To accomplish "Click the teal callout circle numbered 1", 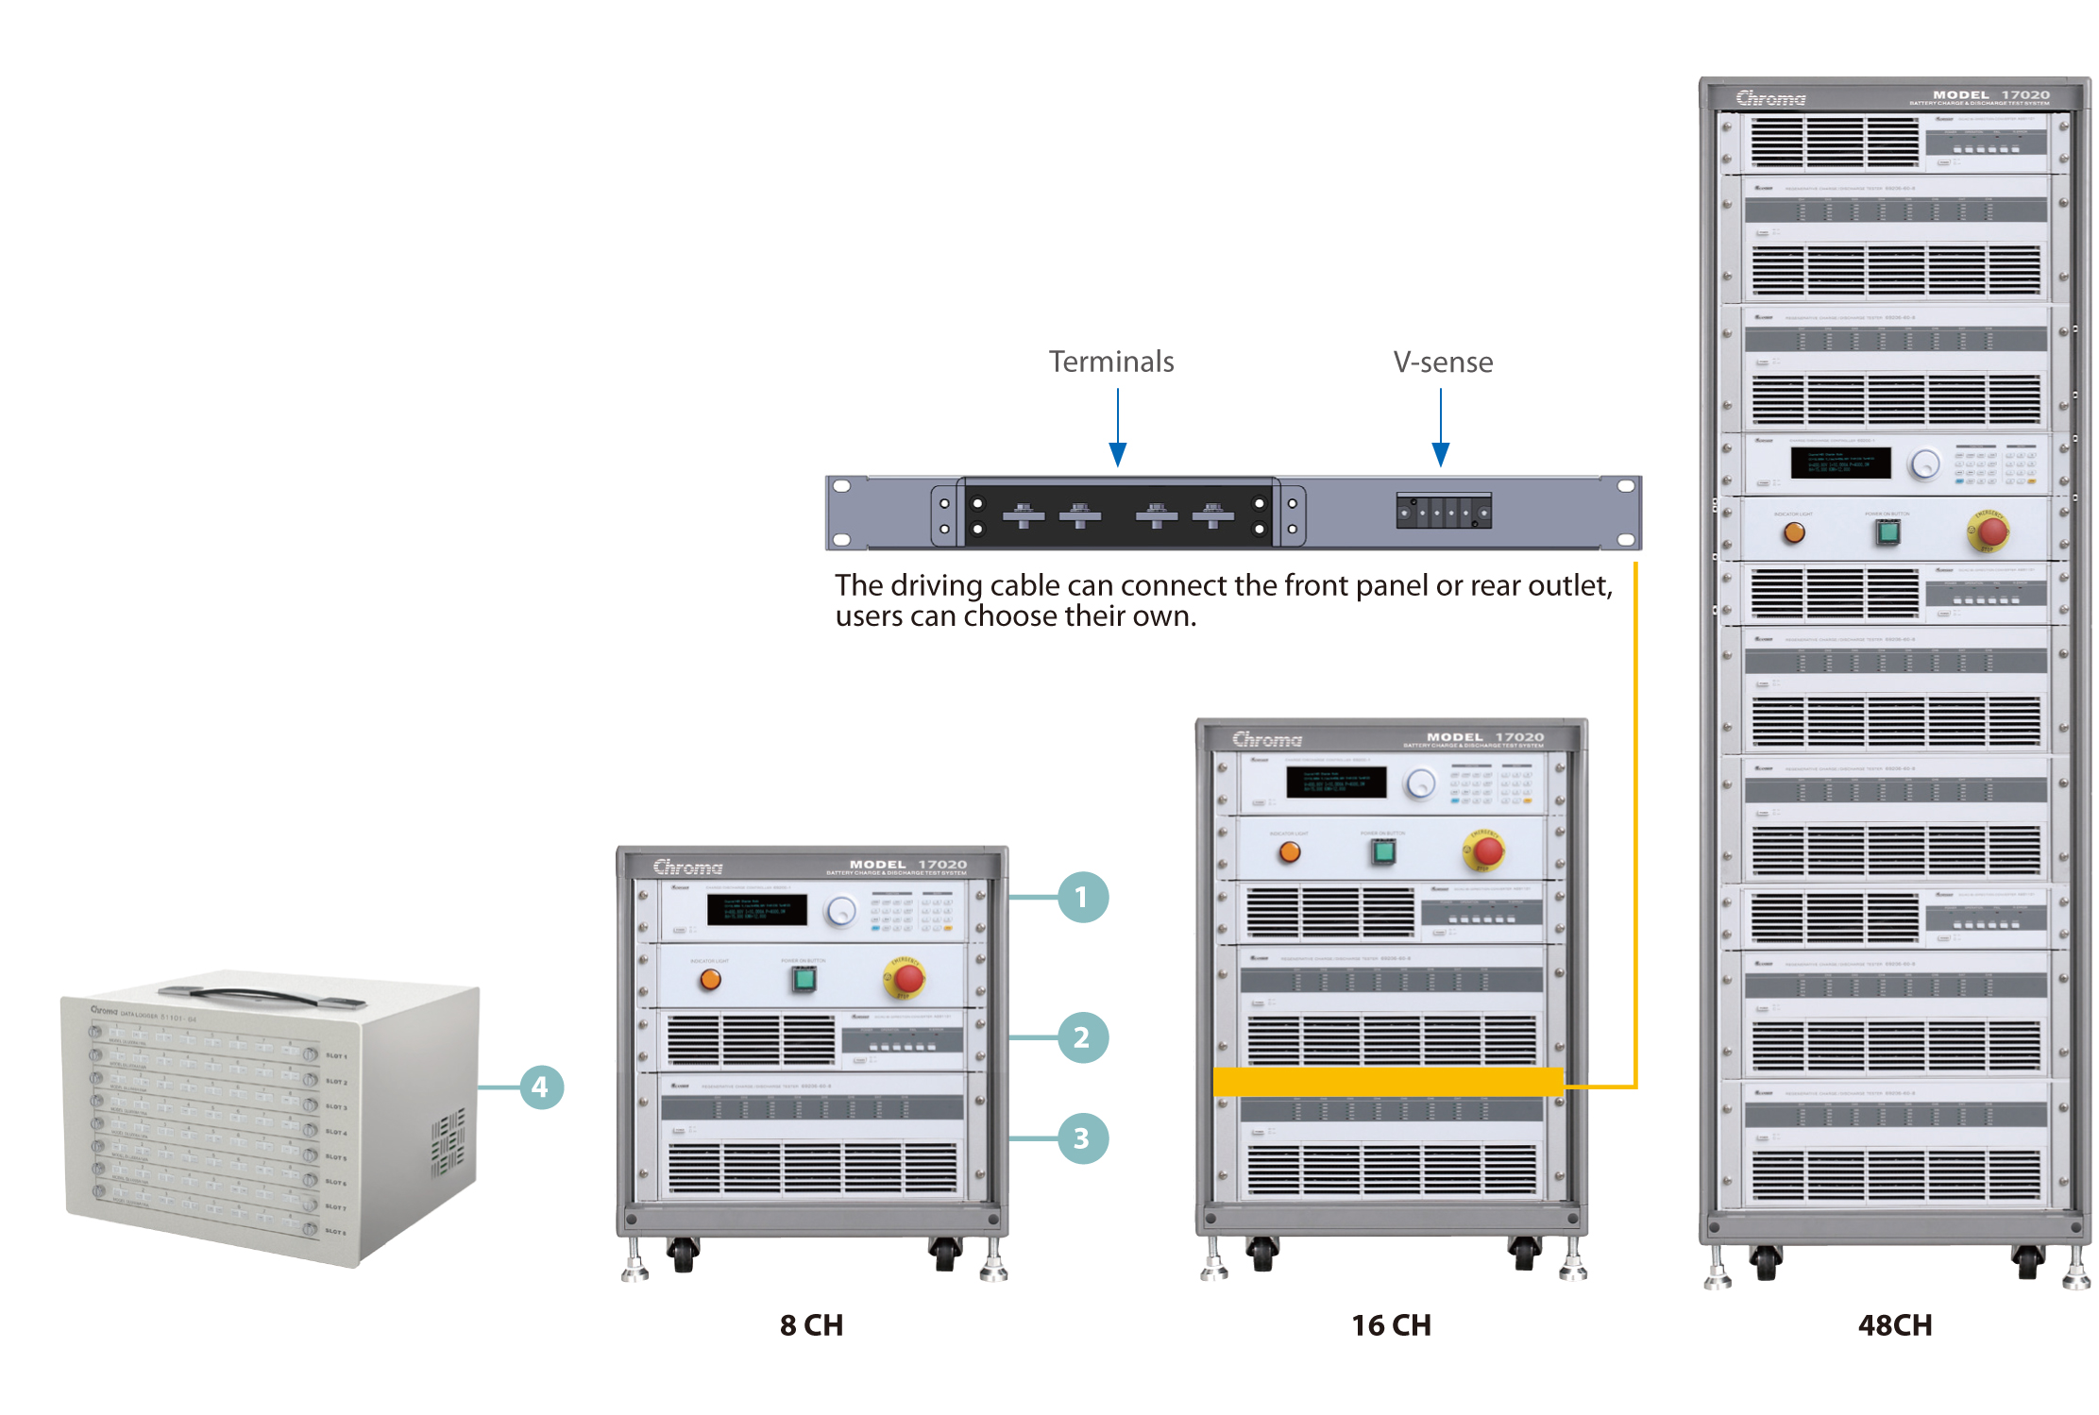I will point(1082,897).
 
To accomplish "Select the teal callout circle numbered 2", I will point(1082,1037).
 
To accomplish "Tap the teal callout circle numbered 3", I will point(1082,1138).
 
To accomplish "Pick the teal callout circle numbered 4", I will point(541,1087).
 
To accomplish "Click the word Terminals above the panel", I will point(1111,362).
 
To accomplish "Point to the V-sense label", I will point(1443,362).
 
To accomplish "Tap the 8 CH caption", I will point(811,1325).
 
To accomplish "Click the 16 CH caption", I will point(1391,1325).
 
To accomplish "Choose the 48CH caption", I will point(1895,1325).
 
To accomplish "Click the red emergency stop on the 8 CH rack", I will point(907,978).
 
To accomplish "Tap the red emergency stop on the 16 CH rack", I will point(1486,850).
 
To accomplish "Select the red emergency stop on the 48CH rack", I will point(1991,531).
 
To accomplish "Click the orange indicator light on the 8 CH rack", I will point(710,980).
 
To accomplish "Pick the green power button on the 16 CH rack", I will point(1383,852).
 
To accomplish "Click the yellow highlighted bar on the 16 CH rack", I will point(1388,1082).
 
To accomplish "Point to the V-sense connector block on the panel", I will point(1444,512).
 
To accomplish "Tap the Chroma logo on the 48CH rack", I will point(1770,98).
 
